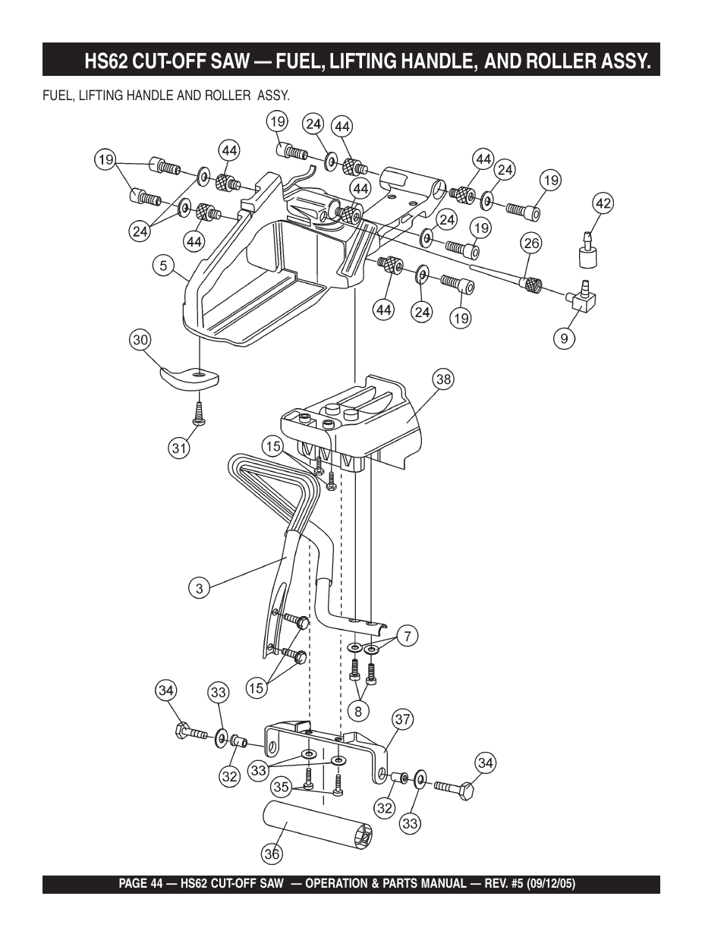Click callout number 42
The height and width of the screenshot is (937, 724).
point(603,203)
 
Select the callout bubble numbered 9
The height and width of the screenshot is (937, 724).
point(565,339)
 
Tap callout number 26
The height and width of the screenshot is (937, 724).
point(530,243)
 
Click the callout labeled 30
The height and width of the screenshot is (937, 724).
point(140,341)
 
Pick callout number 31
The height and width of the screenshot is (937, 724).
point(178,448)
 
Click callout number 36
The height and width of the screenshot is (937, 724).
point(272,854)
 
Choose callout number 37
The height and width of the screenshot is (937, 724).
point(402,719)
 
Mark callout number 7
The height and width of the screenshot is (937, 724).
point(408,636)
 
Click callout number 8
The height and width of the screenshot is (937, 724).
point(357,711)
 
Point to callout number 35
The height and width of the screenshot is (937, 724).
point(282,788)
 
